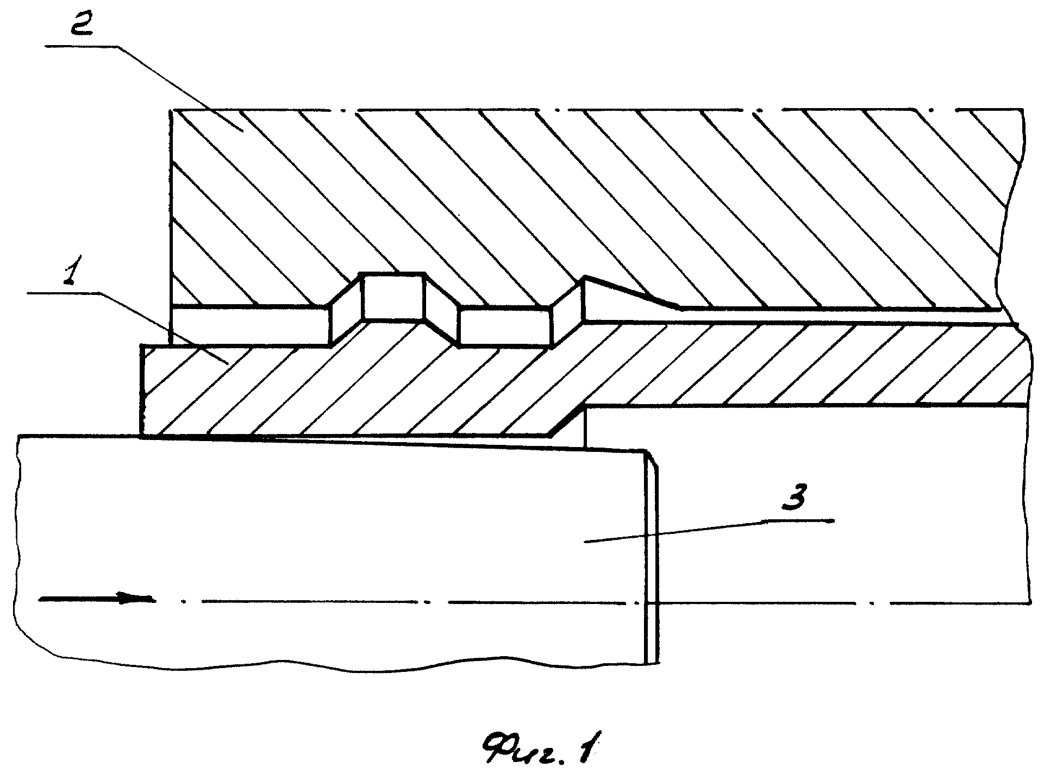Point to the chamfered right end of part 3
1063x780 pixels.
pyautogui.click(x=651, y=557)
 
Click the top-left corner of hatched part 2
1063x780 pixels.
pyautogui.click(x=172, y=111)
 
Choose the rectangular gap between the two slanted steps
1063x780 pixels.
pyautogui.click(x=505, y=326)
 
